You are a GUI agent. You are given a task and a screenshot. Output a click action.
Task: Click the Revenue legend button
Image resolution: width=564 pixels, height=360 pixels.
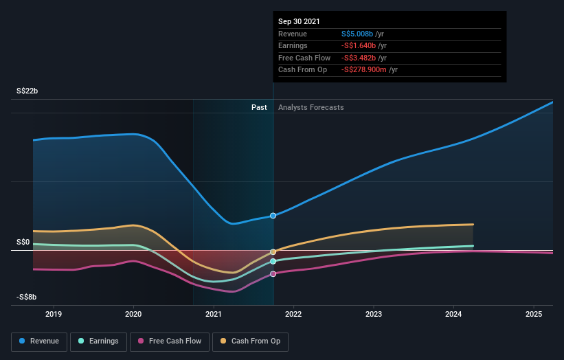click(x=39, y=341)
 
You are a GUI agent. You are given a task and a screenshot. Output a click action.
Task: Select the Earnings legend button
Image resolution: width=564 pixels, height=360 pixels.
click(x=99, y=341)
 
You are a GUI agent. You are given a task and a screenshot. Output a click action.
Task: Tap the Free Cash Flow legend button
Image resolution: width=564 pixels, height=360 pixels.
click(x=170, y=341)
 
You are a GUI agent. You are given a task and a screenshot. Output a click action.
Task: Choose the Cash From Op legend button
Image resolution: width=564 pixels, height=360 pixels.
click(x=251, y=341)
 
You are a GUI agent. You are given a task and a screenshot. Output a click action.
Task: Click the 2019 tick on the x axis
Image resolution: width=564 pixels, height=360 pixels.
click(x=54, y=314)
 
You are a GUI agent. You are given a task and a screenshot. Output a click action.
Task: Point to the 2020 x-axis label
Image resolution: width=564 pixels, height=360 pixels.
click(x=133, y=314)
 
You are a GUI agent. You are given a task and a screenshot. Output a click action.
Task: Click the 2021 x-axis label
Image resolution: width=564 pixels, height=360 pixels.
click(x=214, y=314)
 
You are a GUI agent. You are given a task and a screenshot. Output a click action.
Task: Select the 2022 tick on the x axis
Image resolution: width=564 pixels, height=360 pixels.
click(x=293, y=314)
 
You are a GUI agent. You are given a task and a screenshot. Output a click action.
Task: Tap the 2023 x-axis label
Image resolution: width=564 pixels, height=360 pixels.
click(x=374, y=314)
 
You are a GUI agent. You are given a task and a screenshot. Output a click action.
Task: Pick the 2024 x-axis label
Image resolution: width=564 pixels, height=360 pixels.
click(x=453, y=314)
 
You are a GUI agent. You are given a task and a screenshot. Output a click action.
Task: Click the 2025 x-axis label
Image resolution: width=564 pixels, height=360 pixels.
click(x=534, y=314)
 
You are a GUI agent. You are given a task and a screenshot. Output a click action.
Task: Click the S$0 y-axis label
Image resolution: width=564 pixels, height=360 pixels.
click(x=23, y=242)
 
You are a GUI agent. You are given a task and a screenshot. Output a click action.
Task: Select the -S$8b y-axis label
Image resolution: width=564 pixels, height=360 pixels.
click(x=27, y=297)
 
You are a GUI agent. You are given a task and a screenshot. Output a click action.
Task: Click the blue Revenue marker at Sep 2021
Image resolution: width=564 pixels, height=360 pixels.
click(x=273, y=216)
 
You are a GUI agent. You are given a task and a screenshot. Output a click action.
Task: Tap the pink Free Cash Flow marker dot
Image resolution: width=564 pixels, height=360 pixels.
click(x=273, y=274)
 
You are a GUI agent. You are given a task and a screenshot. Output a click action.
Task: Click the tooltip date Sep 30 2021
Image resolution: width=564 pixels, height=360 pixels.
click(x=300, y=21)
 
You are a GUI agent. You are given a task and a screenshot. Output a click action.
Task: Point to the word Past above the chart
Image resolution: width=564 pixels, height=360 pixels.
click(x=259, y=107)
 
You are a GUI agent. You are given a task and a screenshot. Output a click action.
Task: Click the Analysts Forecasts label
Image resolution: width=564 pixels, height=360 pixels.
click(x=311, y=107)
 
